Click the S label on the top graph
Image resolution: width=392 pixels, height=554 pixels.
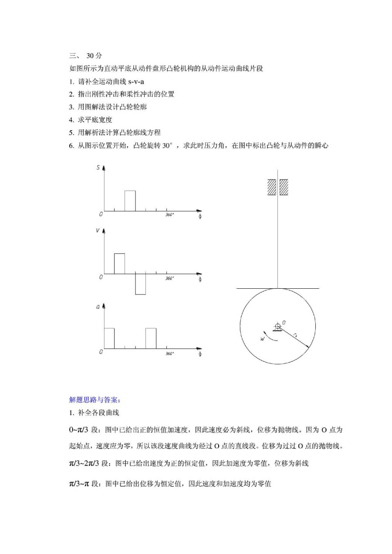pyautogui.click(x=98, y=168)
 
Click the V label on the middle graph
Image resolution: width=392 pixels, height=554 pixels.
pyautogui.click(x=98, y=231)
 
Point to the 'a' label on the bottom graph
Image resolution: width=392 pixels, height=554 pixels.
pyautogui.click(x=98, y=307)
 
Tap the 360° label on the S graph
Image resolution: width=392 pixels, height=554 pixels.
pyautogui.click(x=169, y=215)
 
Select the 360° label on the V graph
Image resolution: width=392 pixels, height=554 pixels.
pyautogui.click(x=169, y=278)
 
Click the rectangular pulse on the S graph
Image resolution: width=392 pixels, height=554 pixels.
pyautogui.click(x=130, y=200)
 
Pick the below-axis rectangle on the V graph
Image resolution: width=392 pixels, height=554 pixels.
pyautogui.click(x=140, y=284)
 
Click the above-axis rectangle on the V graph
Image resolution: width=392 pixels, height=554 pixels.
pyautogui.click(x=119, y=263)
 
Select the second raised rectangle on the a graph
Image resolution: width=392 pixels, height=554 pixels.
pyautogui.click(x=151, y=338)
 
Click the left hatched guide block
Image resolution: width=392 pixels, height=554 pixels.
pyautogui.click(x=272, y=187)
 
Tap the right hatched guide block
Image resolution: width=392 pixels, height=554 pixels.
pyautogui.click(x=284, y=187)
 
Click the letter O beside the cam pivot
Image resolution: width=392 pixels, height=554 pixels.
pyautogui.click(x=284, y=322)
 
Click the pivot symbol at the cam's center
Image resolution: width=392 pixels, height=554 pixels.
pyautogui.click(x=277, y=326)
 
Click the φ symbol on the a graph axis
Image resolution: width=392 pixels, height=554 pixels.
pyautogui.click(x=200, y=354)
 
